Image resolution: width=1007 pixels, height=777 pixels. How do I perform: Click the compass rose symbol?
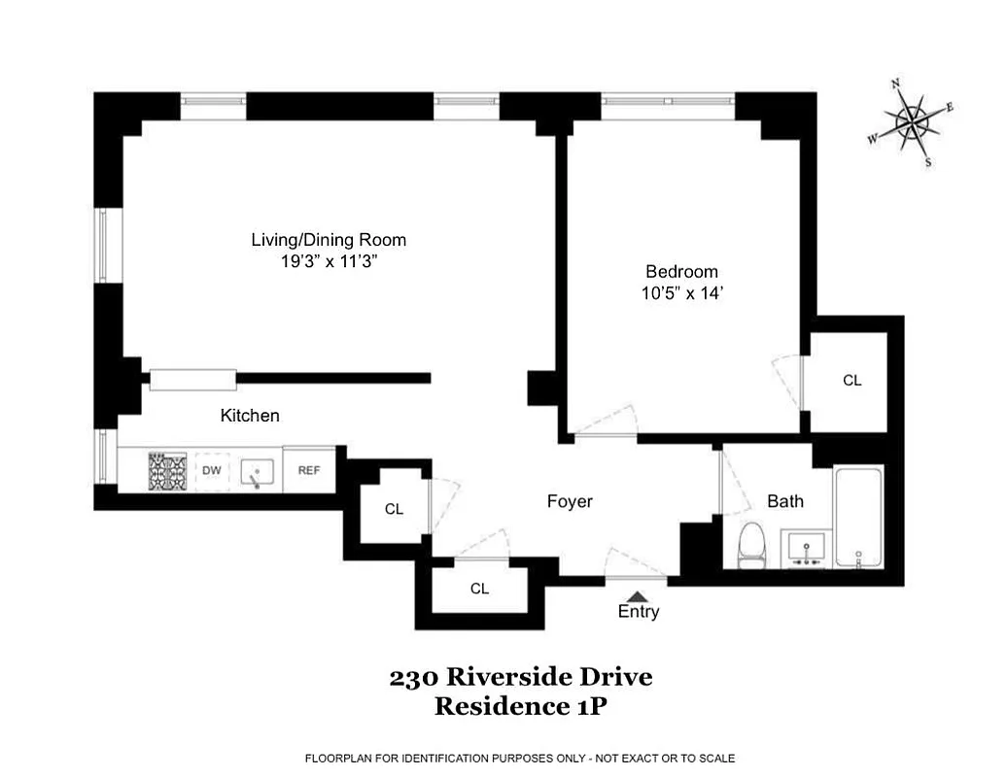coord(912,123)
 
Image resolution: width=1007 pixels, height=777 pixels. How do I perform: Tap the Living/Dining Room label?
coord(329,240)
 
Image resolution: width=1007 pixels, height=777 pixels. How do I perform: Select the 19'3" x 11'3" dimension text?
coord(329,262)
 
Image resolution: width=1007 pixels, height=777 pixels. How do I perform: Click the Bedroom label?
coord(681,272)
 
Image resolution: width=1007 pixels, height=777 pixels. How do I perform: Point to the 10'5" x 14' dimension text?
coord(681,294)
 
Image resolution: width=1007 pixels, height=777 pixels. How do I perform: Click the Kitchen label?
coord(250,416)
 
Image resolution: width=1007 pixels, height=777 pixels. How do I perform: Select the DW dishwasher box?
coord(212,471)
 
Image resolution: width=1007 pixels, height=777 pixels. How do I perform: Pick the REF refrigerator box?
coord(309,470)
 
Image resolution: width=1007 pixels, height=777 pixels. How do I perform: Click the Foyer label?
coord(570,501)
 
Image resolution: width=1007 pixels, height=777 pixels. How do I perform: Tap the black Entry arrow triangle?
coord(637,595)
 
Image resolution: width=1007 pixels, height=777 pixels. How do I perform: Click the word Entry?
coord(638,612)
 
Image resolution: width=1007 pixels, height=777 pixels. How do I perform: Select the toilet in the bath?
coord(752,546)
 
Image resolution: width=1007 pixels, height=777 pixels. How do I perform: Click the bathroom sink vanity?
coord(807,549)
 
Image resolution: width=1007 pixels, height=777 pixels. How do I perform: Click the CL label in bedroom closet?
coord(851,381)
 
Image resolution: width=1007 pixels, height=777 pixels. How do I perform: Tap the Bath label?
coord(785,501)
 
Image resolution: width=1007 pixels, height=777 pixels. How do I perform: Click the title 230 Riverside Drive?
coord(520,678)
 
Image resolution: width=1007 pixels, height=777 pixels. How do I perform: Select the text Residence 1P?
coord(520,706)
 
